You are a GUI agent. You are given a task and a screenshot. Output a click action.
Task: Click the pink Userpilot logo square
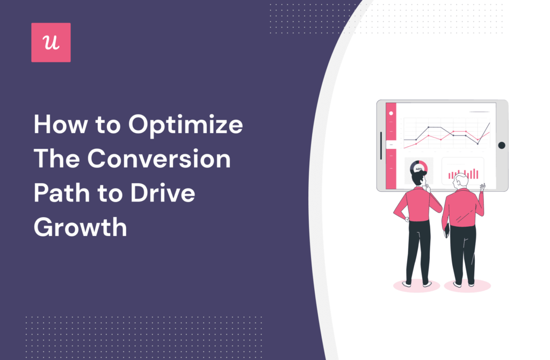(x=51, y=42)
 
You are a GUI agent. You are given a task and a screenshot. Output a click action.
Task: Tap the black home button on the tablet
(x=501, y=145)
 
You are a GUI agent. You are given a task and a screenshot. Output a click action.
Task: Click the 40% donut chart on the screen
(x=418, y=168)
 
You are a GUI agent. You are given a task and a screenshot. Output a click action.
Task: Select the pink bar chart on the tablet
(x=464, y=172)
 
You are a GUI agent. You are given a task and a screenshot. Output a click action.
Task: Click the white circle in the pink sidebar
(x=391, y=113)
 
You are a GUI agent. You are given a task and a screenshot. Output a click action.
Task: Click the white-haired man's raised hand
(x=482, y=188)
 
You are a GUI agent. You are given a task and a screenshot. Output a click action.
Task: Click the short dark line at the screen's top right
(x=479, y=112)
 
